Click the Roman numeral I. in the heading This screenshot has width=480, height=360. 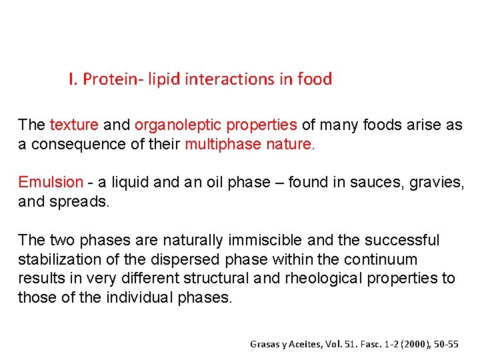tap(73, 79)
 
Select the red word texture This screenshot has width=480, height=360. tap(74, 125)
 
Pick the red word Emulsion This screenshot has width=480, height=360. tap(51, 183)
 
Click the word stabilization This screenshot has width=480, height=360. tap(59, 259)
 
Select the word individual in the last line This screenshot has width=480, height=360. tap(139, 297)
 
